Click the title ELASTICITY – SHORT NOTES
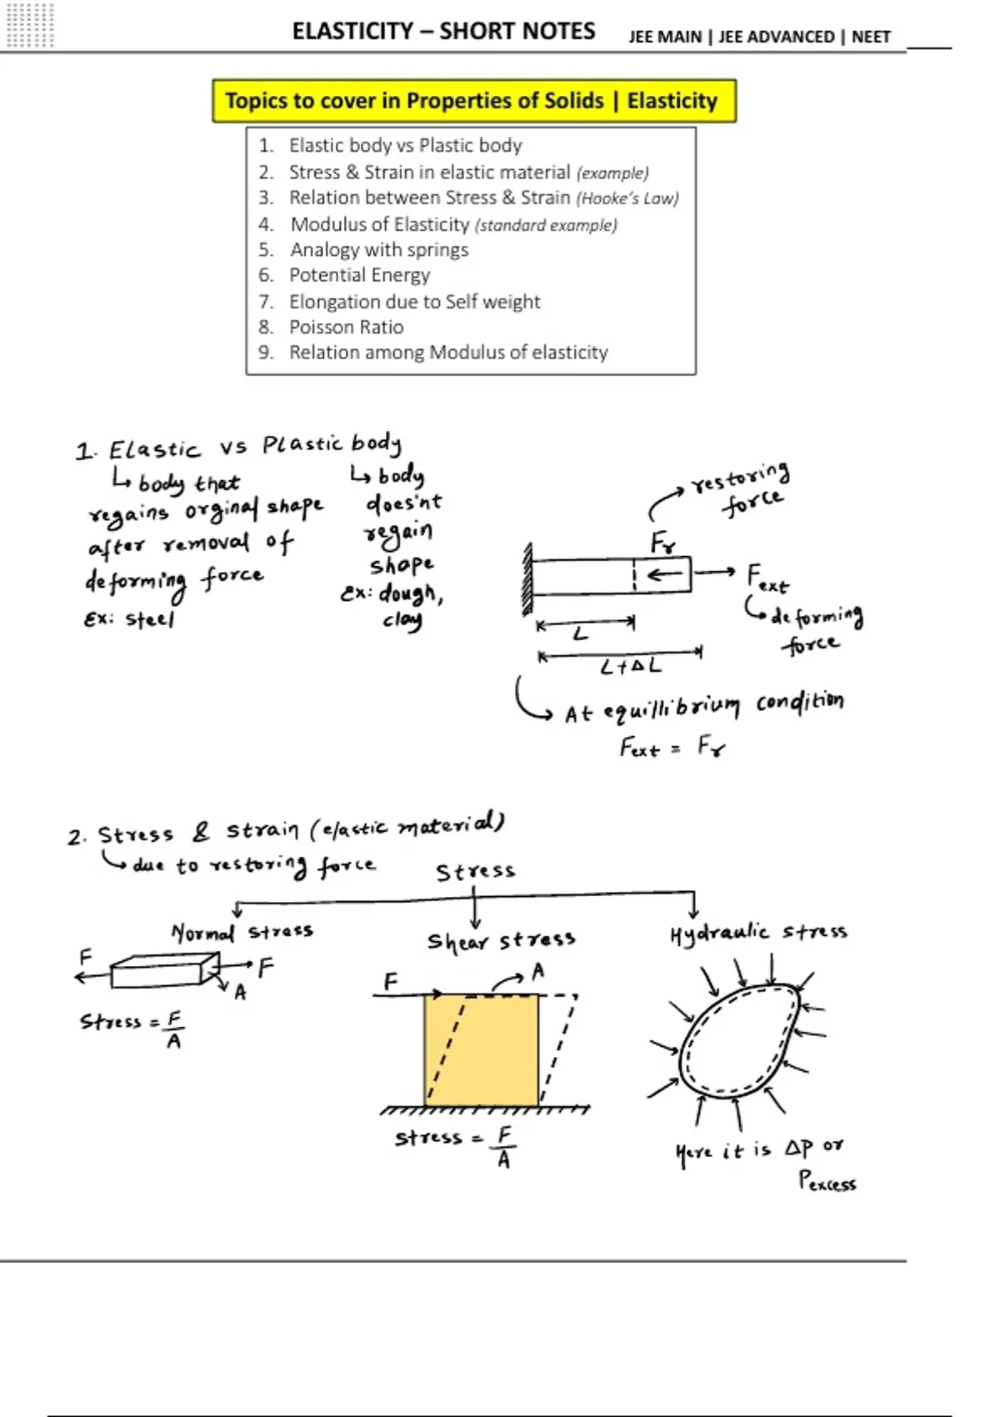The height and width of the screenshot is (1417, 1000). tap(443, 32)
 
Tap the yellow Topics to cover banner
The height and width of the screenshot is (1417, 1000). tap(473, 101)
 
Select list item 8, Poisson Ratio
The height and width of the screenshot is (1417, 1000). tap(346, 327)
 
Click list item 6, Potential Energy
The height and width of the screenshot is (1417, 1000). tap(359, 275)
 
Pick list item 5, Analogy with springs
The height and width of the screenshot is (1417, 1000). tap(379, 250)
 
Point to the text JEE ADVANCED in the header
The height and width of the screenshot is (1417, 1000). tap(776, 37)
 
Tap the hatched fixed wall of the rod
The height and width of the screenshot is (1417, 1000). tap(527, 578)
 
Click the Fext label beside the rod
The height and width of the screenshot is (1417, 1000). tap(766, 578)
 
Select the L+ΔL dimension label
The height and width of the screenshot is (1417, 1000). tap(630, 667)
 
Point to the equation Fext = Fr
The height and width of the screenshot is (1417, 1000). tap(672, 747)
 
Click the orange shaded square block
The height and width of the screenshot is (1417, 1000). tap(481, 1050)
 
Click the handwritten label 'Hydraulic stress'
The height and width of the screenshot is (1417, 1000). tap(757, 933)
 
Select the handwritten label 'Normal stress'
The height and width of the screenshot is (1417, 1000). tap(242, 932)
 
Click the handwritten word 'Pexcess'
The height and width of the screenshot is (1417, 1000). tap(827, 1182)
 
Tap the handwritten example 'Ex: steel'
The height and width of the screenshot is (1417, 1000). tap(129, 619)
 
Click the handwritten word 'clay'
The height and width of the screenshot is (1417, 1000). tap(402, 621)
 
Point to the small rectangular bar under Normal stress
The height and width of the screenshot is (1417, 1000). tap(158, 972)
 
